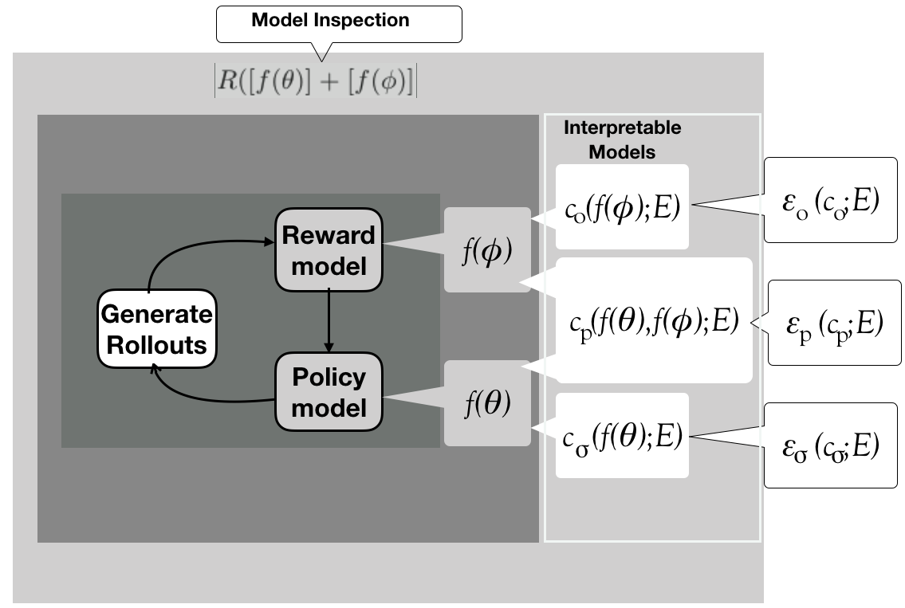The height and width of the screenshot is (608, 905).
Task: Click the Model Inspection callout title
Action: [x=330, y=22]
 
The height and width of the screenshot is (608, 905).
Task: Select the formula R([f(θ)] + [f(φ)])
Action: [x=316, y=82]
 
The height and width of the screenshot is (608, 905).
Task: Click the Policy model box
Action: [x=329, y=392]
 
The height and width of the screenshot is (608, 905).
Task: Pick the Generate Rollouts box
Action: [x=157, y=329]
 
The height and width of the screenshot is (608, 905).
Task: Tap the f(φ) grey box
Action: [x=487, y=250]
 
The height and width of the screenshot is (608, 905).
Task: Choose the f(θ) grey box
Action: [x=487, y=403]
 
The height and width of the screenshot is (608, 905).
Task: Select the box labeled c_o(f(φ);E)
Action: [x=622, y=206]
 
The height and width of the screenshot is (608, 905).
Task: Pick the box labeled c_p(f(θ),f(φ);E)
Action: [x=654, y=321]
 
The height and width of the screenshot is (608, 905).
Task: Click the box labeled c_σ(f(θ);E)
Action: [x=622, y=437]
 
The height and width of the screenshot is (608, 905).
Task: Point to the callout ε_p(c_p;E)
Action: [x=833, y=322]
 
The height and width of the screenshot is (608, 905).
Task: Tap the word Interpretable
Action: [x=622, y=128]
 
